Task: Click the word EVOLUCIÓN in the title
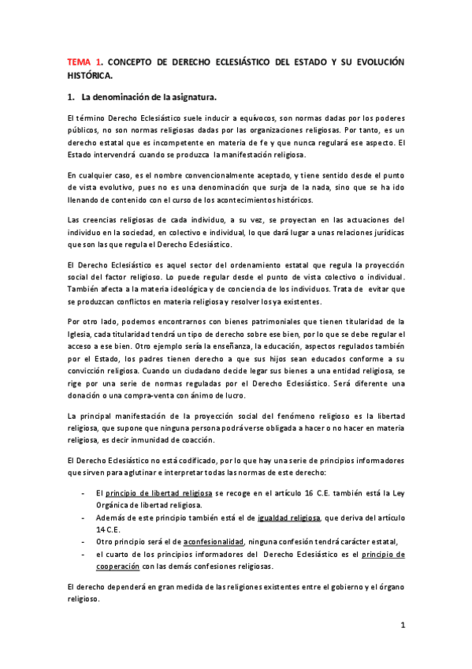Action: coord(372,60)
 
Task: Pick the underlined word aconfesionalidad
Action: coord(215,542)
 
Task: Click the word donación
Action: coord(86,395)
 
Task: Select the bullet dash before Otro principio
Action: coord(84,542)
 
